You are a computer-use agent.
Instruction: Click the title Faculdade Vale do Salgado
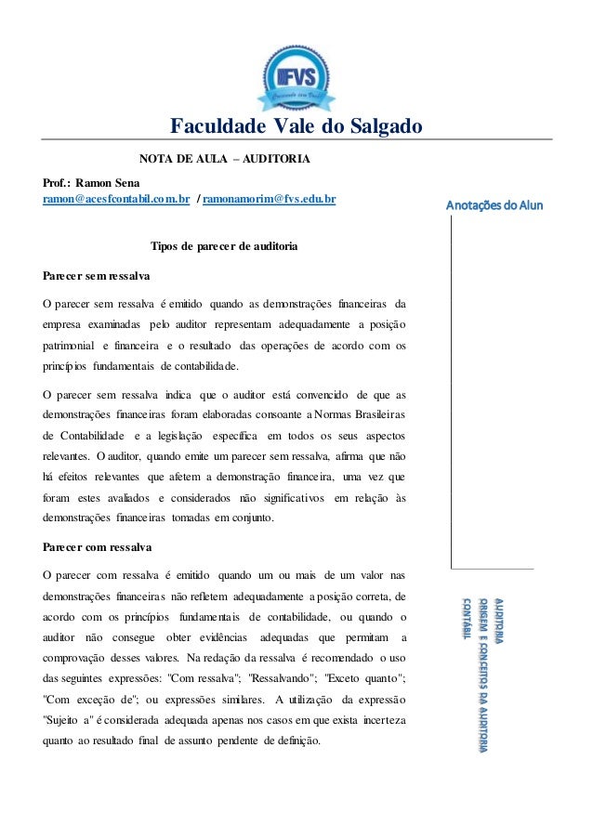click(296, 126)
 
